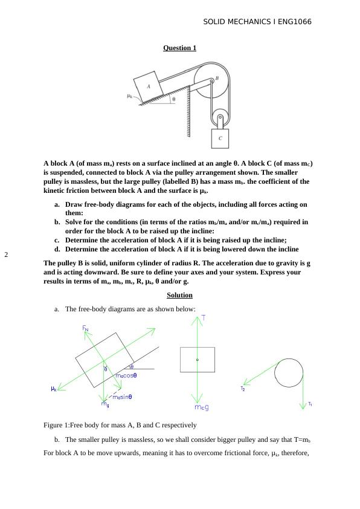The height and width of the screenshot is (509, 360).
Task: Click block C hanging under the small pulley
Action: click(220, 138)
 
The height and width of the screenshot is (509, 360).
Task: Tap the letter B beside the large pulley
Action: click(217, 78)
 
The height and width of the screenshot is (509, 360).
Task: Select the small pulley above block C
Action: click(220, 117)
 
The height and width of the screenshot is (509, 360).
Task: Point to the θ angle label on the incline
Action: click(174, 100)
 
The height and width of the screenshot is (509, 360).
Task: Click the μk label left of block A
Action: click(129, 96)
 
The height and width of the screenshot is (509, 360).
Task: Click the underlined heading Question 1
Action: click(179, 48)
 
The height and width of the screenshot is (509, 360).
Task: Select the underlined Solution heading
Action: click(179, 295)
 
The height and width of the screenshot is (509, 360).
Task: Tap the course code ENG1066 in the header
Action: click(292, 22)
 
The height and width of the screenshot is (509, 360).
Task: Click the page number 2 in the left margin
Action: click(6, 254)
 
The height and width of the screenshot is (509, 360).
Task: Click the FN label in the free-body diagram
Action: click(86, 328)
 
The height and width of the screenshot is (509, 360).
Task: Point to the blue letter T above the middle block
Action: click(204, 317)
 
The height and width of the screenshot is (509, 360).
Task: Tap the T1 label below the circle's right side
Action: click(310, 404)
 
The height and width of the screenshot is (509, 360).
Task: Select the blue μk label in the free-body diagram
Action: click(54, 389)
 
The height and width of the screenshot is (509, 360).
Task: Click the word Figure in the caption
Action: click(53, 424)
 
